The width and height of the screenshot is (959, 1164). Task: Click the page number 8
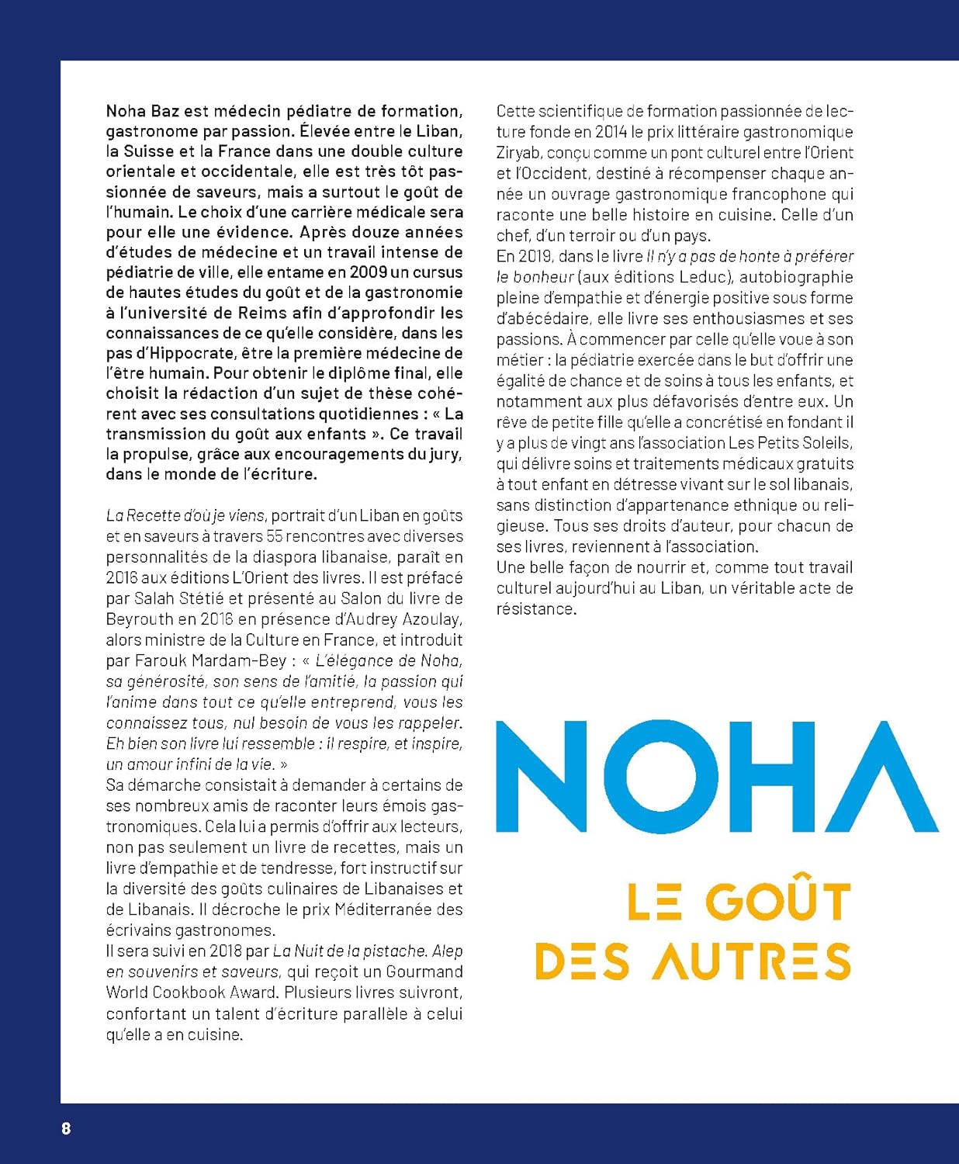66,1128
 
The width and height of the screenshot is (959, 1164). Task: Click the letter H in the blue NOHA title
781,776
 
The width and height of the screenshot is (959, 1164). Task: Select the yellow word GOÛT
778,902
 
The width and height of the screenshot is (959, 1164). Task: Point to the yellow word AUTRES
751,961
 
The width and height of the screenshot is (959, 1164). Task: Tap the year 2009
368,272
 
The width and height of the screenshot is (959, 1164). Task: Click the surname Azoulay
432,619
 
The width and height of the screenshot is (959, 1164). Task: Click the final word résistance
535,609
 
